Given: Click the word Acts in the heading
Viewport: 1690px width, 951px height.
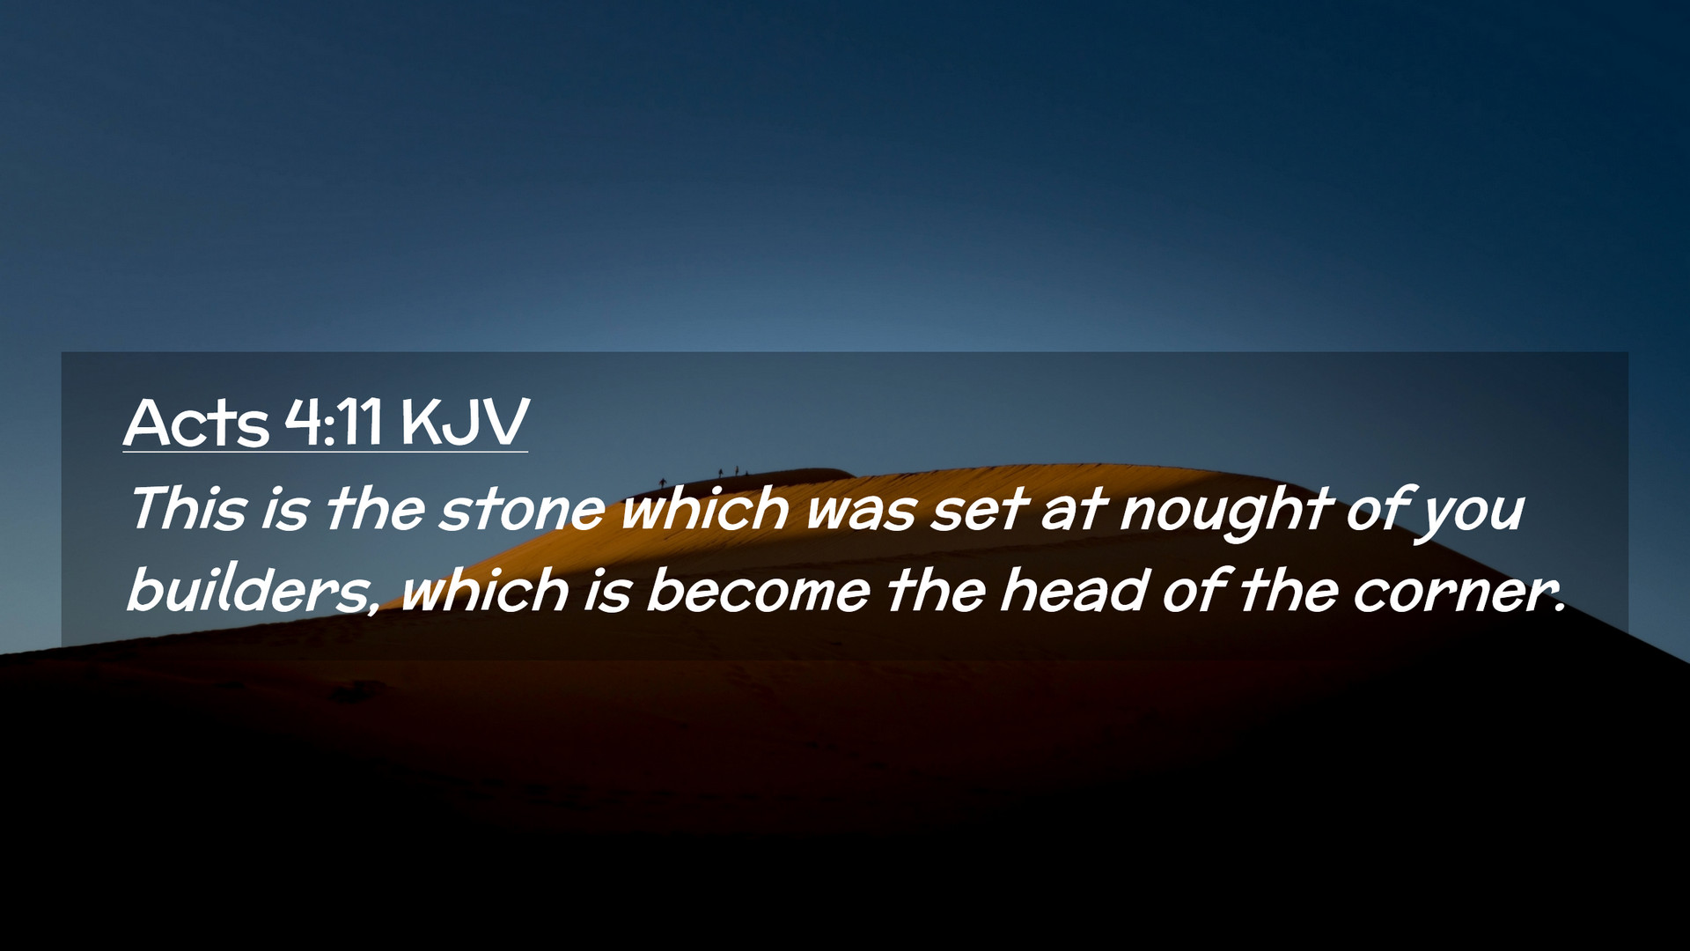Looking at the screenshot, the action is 196,423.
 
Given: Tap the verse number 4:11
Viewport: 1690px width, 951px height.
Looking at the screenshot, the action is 334,423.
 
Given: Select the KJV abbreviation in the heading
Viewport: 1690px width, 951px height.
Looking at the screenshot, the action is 465,423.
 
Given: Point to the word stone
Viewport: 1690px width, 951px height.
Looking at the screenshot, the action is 522,510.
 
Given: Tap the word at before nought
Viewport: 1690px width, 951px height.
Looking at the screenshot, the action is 1073,510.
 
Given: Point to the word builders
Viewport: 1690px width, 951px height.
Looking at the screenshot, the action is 252,589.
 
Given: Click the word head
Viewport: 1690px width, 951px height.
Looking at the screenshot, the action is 1074,589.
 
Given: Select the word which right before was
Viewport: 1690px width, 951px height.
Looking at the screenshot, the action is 704,508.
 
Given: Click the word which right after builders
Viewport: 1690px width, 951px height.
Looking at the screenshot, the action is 485,589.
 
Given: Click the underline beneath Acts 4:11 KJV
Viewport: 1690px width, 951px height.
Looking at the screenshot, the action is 326,452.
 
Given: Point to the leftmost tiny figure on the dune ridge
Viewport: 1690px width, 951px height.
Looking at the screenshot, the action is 663,483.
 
